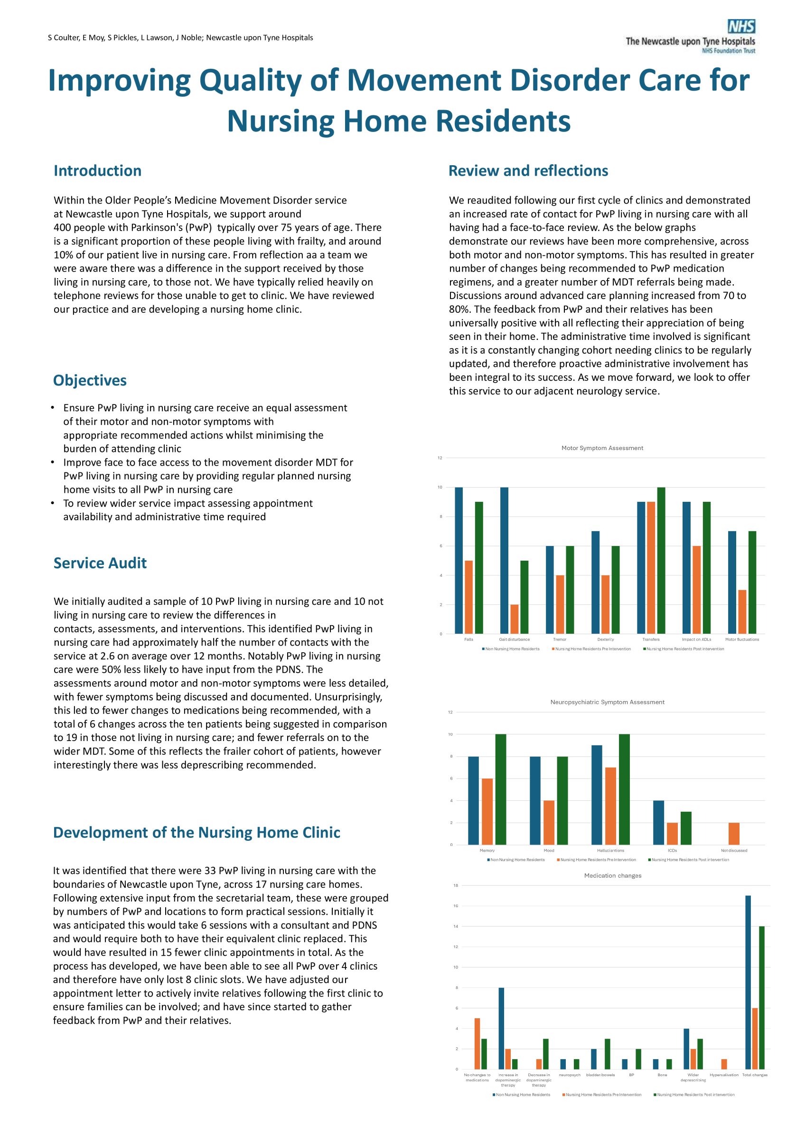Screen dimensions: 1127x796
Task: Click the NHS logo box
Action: (741, 26)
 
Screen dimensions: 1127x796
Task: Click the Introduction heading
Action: (97, 170)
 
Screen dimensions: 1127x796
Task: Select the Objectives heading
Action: (90, 380)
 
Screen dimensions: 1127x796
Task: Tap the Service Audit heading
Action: (100, 563)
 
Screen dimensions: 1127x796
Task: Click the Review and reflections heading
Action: (528, 170)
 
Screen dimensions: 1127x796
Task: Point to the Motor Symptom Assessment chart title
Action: (602, 448)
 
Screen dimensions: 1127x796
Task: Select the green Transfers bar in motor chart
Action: (661, 560)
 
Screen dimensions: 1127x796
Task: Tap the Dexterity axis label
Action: (606, 639)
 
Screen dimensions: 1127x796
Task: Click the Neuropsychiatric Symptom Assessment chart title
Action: (607, 702)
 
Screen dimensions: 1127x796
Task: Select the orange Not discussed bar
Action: (734, 834)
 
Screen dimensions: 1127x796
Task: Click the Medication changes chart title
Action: (612, 875)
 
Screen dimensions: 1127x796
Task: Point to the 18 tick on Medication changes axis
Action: (456, 885)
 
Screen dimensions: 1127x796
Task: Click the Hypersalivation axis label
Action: (724, 1075)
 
